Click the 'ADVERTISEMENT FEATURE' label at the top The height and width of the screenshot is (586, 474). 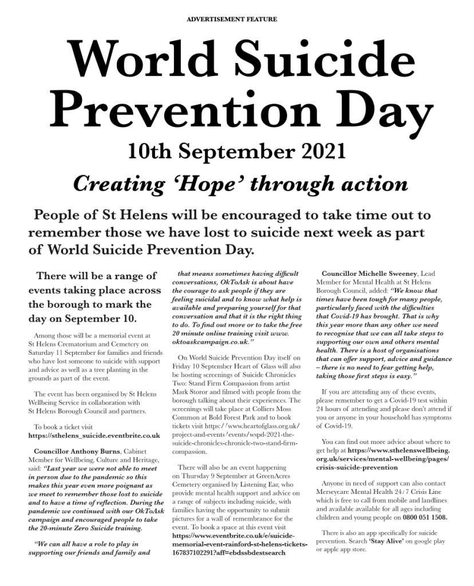click(232, 19)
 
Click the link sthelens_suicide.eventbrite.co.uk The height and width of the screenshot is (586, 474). click(94, 435)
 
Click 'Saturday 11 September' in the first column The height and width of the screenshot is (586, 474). click(64, 345)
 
